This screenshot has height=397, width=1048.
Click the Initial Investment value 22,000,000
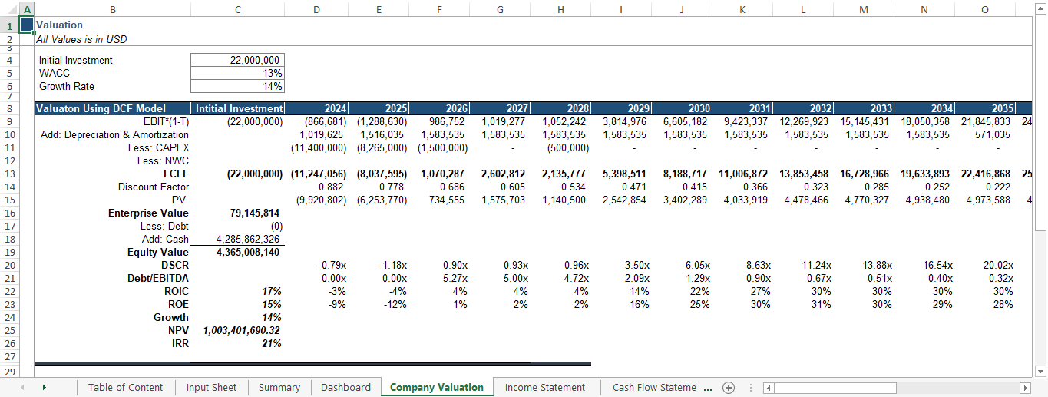(256, 61)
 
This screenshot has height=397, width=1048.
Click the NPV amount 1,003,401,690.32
(242, 330)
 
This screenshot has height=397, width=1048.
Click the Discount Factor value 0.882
(330, 187)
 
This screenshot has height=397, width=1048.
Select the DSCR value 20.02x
(998, 265)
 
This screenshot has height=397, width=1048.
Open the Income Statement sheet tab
(545, 388)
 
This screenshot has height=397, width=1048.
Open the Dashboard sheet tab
(345, 388)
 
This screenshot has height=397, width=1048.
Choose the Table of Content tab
(125, 388)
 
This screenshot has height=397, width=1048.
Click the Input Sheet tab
(211, 388)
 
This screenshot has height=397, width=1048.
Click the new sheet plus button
(729, 388)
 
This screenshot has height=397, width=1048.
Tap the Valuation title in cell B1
(60, 25)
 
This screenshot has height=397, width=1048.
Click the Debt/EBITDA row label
(158, 278)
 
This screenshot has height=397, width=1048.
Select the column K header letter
(742, 9)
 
